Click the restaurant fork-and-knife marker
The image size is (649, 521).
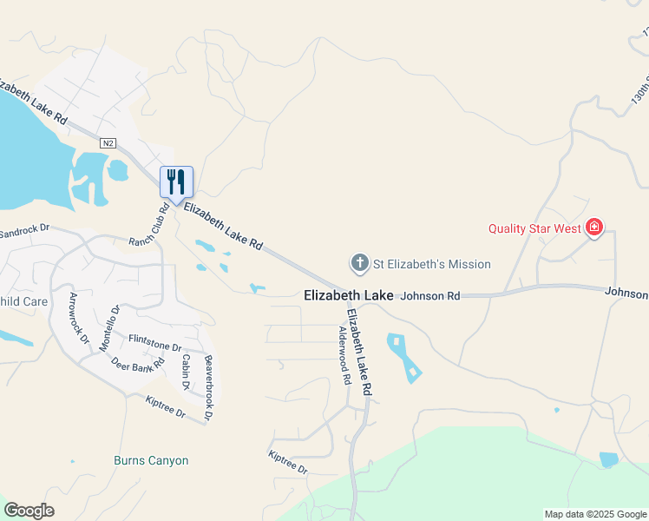point(176,181)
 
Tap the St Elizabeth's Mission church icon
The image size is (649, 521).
point(359,263)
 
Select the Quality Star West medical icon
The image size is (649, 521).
point(594,228)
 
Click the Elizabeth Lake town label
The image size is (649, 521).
point(349,296)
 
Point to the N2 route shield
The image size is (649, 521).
point(108,142)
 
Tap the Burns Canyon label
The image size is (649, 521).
point(151,461)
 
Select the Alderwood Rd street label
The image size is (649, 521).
point(344,356)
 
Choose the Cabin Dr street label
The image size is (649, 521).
point(186,372)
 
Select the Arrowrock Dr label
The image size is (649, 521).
point(79,318)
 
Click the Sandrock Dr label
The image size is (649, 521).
point(25,233)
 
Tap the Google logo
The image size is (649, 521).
point(29,511)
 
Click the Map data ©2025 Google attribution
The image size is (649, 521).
point(594,514)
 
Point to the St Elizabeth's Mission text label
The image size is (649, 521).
point(432,264)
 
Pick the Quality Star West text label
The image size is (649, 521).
point(535,229)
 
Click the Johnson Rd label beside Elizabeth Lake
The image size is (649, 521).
point(430,296)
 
